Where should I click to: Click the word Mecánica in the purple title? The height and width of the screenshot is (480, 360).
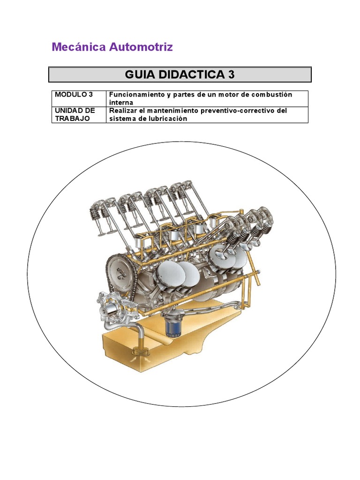[x=79, y=47]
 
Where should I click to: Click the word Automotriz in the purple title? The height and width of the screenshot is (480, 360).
[x=141, y=47]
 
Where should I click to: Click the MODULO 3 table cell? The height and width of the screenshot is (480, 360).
[x=79, y=98]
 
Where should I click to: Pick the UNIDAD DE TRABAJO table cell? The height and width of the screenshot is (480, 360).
[x=79, y=114]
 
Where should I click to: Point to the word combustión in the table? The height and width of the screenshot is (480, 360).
[x=272, y=95]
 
